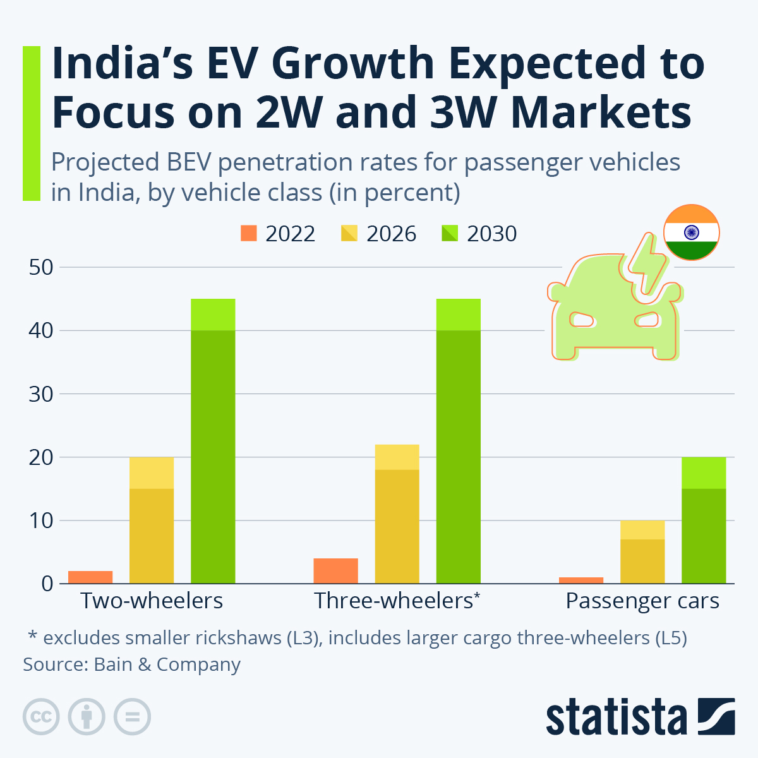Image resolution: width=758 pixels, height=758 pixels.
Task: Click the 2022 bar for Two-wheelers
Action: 90,577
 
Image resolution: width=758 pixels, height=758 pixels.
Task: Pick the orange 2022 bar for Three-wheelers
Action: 335,570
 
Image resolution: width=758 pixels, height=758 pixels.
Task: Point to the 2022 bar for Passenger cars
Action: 581,580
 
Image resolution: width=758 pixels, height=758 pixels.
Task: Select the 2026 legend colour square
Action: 349,234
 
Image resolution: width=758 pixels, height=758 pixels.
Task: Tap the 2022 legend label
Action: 290,234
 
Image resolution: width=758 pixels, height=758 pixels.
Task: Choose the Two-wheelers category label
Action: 152,601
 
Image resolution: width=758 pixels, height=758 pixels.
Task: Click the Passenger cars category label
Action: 642,601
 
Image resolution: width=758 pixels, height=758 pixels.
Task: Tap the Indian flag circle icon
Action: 691,232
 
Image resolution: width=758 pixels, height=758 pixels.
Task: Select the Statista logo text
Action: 616,717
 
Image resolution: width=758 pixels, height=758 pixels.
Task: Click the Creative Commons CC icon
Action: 41,717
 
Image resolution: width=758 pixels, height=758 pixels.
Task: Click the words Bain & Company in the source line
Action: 167,665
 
